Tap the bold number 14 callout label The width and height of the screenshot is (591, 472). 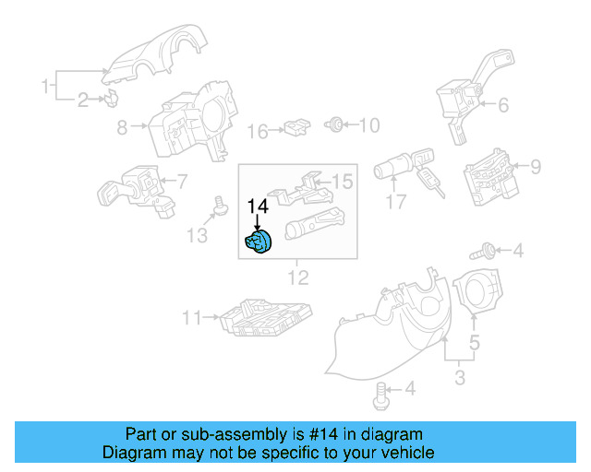tap(258, 208)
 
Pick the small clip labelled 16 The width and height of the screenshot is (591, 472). tap(296, 126)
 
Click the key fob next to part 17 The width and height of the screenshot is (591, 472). tap(430, 182)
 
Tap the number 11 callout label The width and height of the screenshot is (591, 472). tap(190, 319)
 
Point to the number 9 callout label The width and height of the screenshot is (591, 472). tap(536, 167)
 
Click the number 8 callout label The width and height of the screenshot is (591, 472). tap(122, 129)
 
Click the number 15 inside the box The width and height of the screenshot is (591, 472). tap(342, 183)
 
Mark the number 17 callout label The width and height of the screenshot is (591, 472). tap(396, 202)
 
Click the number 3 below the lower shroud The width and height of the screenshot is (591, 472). tap(460, 377)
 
